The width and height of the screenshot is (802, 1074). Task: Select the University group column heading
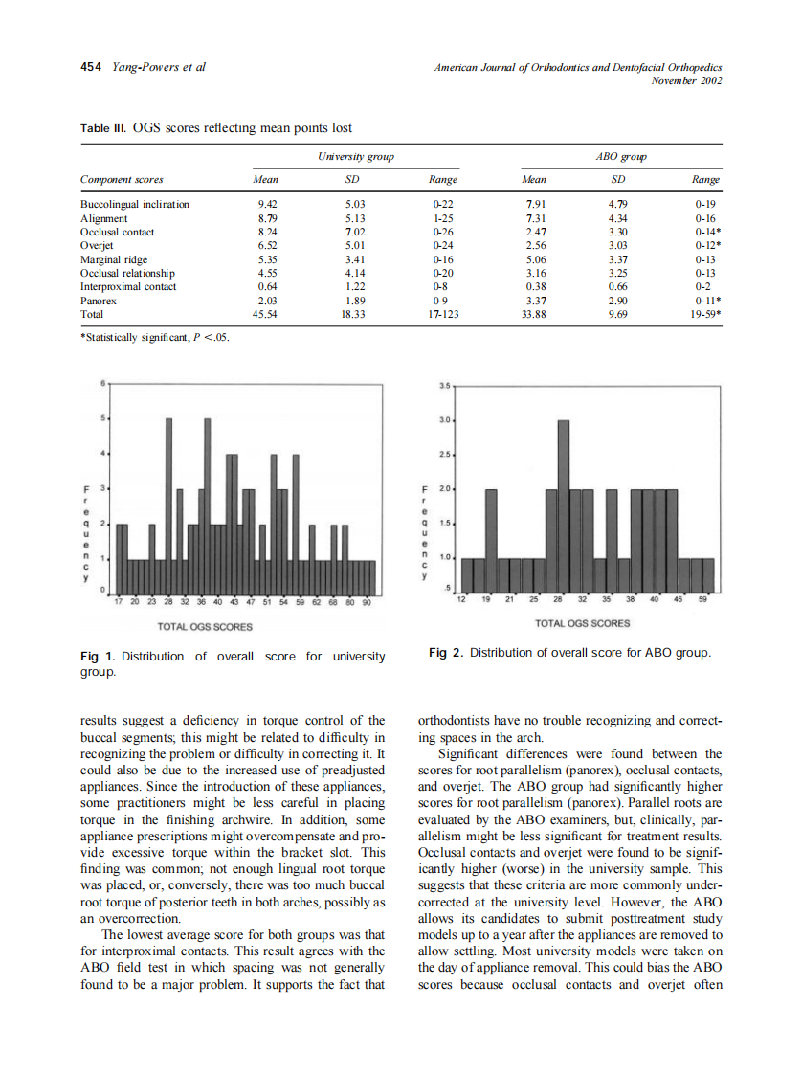pyautogui.click(x=355, y=156)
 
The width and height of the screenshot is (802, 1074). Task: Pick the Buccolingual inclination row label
pyautogui.click(x=134, y=204)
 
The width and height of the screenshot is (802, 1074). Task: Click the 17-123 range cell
pyautogui.click(x=443, y=313)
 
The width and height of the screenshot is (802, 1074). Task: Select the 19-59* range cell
pyautogui.click(x=704, y=313)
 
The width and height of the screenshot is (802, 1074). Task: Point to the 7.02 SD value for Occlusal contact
pyautogui.click(x=355, y=232)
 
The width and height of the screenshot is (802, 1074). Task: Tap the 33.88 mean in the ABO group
pyautogui.click(x=534, y=313)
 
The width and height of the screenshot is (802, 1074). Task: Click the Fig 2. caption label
pyautogui.click(x=446, y=653)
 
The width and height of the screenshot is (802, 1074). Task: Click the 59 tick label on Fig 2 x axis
pyautogui.click(x=702, y=599)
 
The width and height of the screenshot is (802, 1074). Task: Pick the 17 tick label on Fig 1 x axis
pyautogui.click(x=118, y=603)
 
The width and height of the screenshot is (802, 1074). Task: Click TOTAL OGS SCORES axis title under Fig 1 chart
pyautogui.click(x=205, y=627)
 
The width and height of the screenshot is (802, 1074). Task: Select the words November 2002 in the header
pyautogui.click(x=686, y=80)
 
